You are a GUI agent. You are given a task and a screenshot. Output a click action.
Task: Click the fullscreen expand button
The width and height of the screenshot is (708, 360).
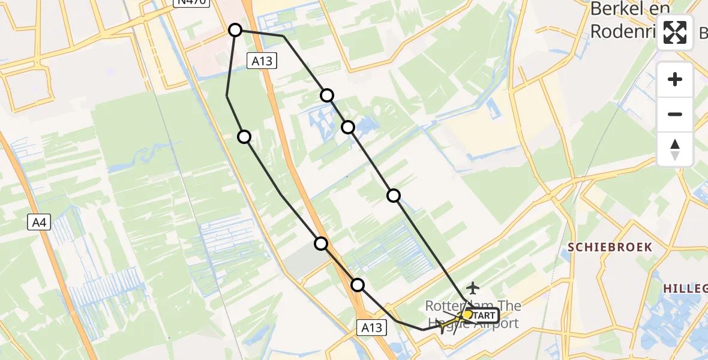coord(675,33)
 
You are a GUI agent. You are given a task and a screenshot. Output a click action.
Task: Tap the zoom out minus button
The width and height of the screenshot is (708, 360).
coord(675,114)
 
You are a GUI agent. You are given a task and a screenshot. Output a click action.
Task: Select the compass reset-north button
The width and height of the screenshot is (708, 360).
coord(675,149)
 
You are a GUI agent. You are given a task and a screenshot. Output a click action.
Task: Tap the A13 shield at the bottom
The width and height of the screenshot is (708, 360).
coord(373,328)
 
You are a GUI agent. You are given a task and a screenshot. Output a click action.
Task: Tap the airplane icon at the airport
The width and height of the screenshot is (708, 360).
coord(473,289)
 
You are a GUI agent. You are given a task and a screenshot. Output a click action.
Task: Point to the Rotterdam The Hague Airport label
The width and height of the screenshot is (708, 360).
coord(473,315)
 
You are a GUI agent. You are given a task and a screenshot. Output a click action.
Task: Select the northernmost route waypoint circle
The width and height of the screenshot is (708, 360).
coord(236,30)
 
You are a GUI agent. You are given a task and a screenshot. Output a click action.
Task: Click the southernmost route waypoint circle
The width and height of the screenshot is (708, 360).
coord(358,285)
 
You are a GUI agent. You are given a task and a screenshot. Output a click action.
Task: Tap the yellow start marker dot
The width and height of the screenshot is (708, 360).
coord(467,314)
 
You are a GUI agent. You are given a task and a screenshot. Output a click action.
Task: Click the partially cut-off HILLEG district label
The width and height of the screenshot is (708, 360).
coord(685,289)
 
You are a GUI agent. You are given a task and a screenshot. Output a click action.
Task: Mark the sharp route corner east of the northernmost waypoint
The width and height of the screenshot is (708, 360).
coord(284,36)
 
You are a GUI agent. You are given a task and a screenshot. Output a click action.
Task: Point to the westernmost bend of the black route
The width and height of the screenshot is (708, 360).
coord(227,96)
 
